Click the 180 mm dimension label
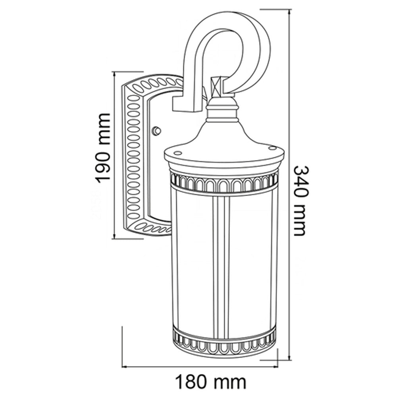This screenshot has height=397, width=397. pyautogui.click(x=211, y=382)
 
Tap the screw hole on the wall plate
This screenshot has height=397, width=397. pyautogui.click(x=157, y=130)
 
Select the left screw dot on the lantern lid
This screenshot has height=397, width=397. pyautogui.click(x=177, y=152)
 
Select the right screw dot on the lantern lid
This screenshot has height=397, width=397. pyautogui.click(x=272, y=148)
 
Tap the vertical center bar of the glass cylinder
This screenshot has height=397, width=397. pyautogui.click(x=221, y=262)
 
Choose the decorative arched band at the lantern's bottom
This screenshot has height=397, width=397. pyautogui.click(x=224, y=344)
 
